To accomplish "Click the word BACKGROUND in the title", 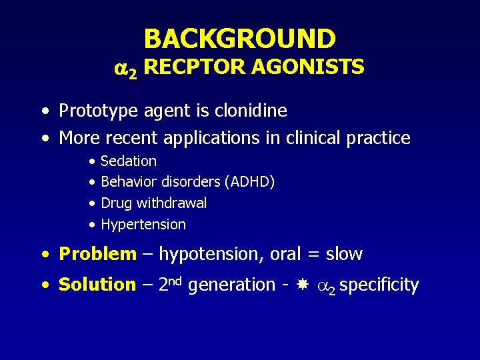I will tap(240, 39).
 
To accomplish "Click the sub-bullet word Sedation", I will tap(129, 161).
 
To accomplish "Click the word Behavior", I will tap(127, 182).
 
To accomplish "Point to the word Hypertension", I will tap(143, 225).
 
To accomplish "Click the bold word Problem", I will tap(97, 254).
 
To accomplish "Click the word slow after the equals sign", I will tap(343, 254).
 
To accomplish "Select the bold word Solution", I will tap(97, 285).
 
